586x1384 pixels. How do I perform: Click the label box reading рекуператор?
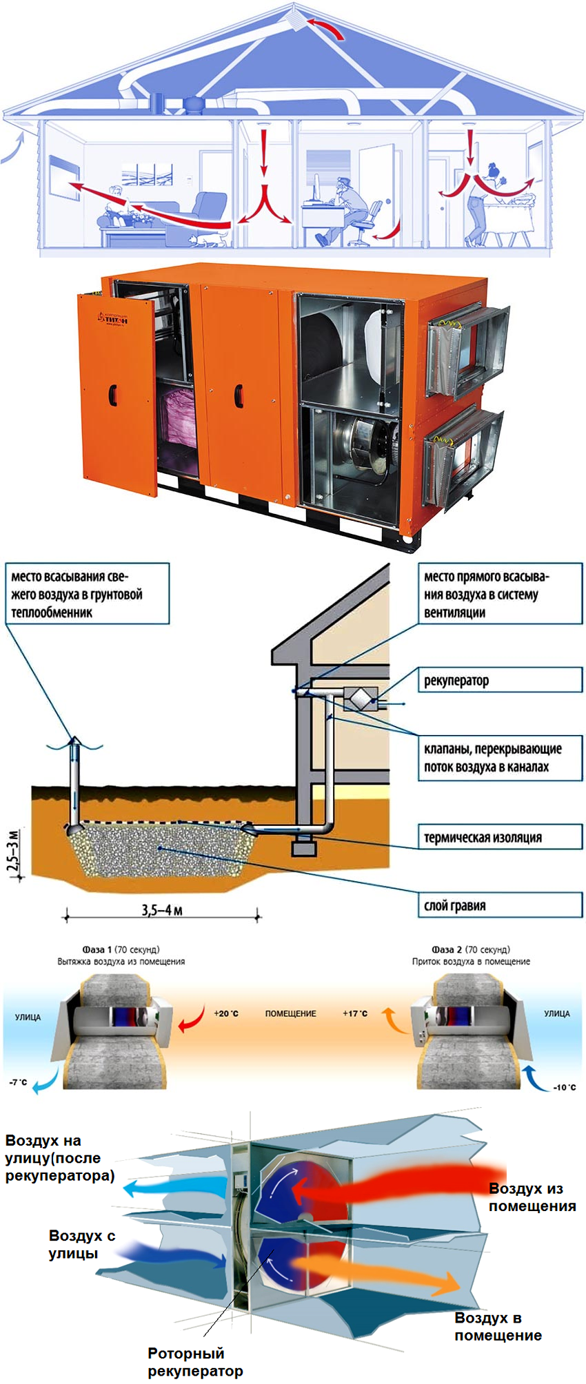[x=499, y=680]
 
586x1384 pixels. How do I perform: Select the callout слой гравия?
[x=499, y=905]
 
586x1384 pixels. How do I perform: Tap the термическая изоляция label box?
[x=499, y=837]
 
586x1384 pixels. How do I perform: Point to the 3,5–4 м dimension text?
[x=162, y=910]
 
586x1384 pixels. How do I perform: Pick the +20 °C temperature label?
[x=225, y=1013]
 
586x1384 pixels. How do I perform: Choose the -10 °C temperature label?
[x=564, y=1088]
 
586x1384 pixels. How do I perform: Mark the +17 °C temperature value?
[x=355, y=1013]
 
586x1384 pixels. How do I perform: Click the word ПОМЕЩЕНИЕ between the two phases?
[x=290, y=1013]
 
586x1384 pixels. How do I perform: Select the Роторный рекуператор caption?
[x=195, y=1362]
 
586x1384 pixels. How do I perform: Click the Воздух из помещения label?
[x=532, y=1197]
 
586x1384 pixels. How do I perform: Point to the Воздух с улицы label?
[x=81, y=1244]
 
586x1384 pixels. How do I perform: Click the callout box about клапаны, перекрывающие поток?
[x=499, y=757]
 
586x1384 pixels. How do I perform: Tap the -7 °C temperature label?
[x=19, y=1082]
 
